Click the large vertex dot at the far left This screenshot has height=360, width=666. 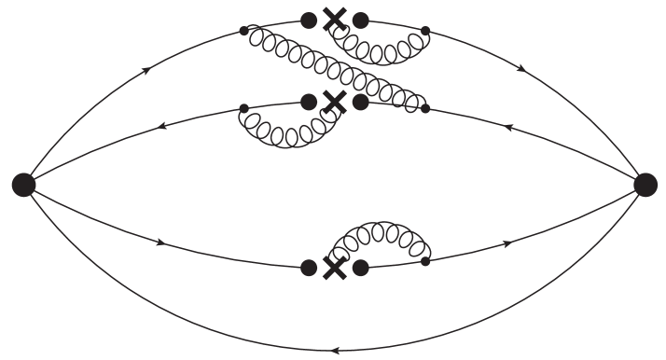point(23,185)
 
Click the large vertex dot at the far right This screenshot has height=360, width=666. point(645,185)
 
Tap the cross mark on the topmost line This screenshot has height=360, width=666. point(334,19)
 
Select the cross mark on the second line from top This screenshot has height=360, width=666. point(334,102)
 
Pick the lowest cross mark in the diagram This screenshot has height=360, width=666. point(334,267)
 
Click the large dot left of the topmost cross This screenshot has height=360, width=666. point(308,19)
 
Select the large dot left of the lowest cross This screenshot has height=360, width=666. point(308,267)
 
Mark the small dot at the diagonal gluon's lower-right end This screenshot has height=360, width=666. point(425,109)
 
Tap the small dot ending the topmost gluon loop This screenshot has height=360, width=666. point(425,31)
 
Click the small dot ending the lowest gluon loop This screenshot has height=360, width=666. point(425,260)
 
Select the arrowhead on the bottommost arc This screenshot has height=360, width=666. point(334,351)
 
